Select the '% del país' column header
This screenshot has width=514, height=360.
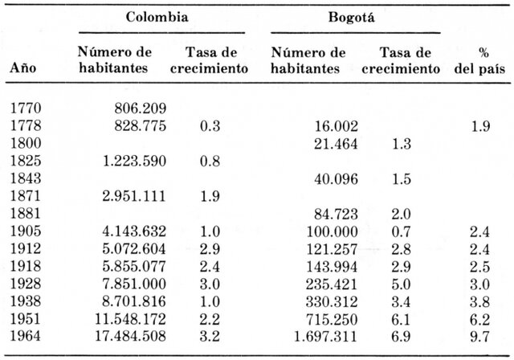coord(483,60)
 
